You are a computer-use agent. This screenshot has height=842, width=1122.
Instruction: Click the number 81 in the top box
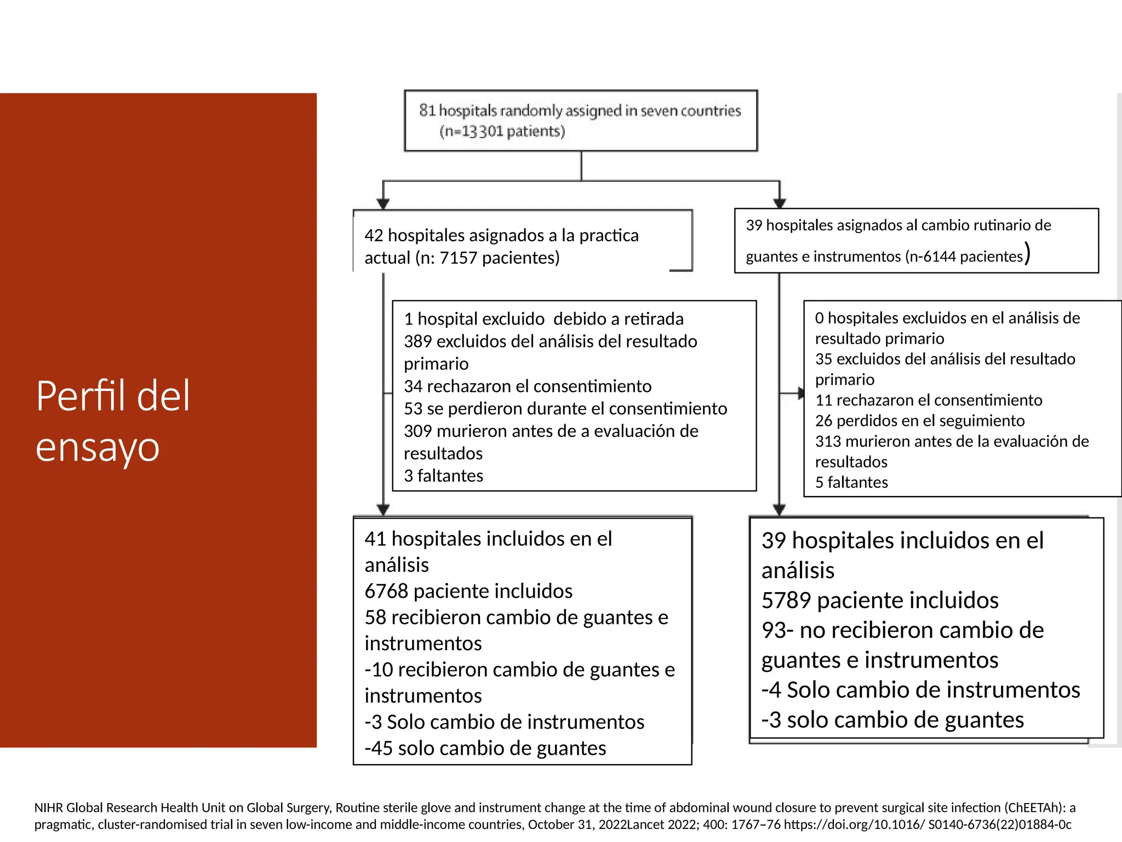click(427, 111)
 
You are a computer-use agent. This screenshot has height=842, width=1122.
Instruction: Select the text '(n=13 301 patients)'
click(502, 132)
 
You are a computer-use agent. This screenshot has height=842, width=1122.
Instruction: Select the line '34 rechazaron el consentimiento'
click(528, 386)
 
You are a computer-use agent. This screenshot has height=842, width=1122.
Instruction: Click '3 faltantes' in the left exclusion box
click(443, 476)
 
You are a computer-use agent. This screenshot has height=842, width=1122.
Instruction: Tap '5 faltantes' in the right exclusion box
click(851, 482)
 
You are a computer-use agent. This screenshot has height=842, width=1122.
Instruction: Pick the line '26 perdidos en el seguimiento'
click(919, 421)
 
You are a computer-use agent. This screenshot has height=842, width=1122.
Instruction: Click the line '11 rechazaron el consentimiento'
click(928, 400)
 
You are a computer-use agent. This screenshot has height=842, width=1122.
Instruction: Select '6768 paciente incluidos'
click(468, 591)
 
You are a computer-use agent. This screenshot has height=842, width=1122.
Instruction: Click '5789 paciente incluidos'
click(880, 601)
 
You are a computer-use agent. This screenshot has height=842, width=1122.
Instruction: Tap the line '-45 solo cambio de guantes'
click(485, 748)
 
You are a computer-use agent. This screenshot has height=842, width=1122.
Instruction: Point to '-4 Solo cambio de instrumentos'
click(920, 690)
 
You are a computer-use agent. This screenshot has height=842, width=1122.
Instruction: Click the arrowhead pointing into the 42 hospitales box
click(383, 204)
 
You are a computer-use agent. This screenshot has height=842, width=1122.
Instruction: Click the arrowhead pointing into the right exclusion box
click(800, 393)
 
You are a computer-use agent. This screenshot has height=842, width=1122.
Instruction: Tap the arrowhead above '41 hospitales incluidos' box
click(383, 510)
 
